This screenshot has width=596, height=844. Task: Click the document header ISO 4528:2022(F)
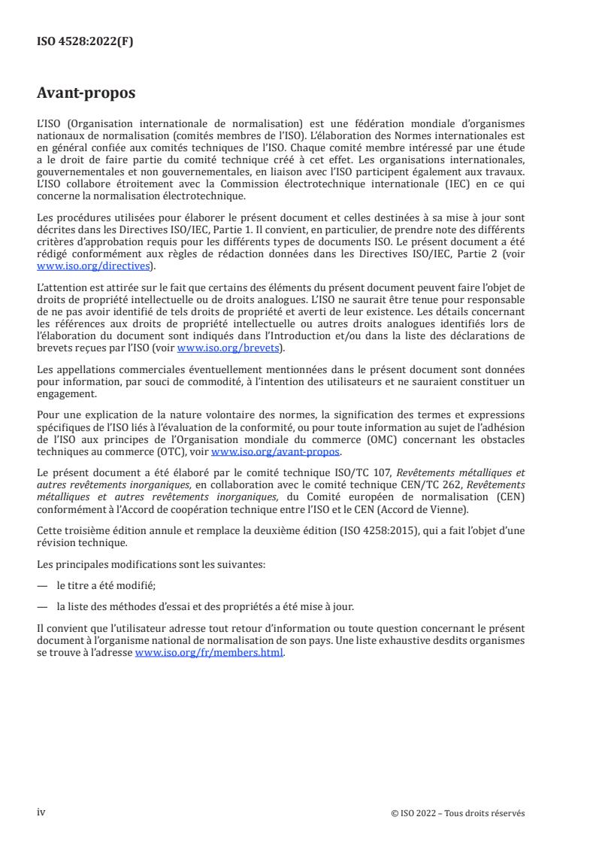(85, 42)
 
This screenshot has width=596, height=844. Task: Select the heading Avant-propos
(87, 94)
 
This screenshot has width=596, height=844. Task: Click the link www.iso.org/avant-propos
(276, 452)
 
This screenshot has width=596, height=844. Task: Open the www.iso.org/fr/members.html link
(209, 654)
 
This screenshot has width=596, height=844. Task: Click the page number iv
(41, 812)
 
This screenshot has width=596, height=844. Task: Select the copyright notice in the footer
(458, 813)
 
